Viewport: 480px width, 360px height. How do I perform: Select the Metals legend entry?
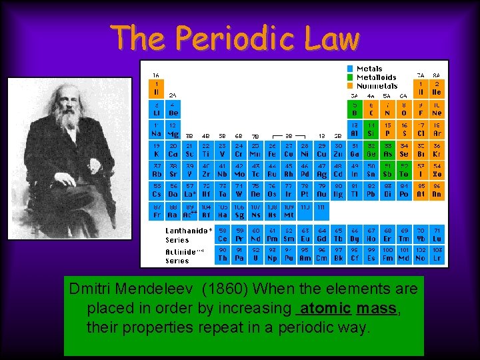pyautogui.click(x=369, y=69)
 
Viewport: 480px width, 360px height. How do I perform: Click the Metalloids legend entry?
pyautogui.click(x=376, y=77)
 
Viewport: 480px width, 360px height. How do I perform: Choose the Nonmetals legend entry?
pyautogui.click(x=377, y=86)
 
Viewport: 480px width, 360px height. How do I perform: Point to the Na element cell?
pyautogui.click(x=156, y=129)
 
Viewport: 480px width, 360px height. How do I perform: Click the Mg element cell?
pyautogui.click(x=173, y=129)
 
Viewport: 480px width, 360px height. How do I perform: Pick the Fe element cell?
pyautogui.click(x=272, y=150)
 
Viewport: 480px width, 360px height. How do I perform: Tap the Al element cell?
pyautogui.click(x=354, y=129)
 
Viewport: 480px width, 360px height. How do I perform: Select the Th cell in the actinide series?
pyautogui.click(x=223, y=254)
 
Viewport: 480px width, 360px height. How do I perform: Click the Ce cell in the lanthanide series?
pyautogui.click(x=223, y=235)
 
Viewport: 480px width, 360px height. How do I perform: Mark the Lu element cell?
pyautogui.click(x=437, y=235)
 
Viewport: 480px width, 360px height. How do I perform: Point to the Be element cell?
pyautogui.click(x=173, y=109)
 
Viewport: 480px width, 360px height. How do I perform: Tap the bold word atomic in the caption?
pyautogui.click(x=325, y=309)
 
